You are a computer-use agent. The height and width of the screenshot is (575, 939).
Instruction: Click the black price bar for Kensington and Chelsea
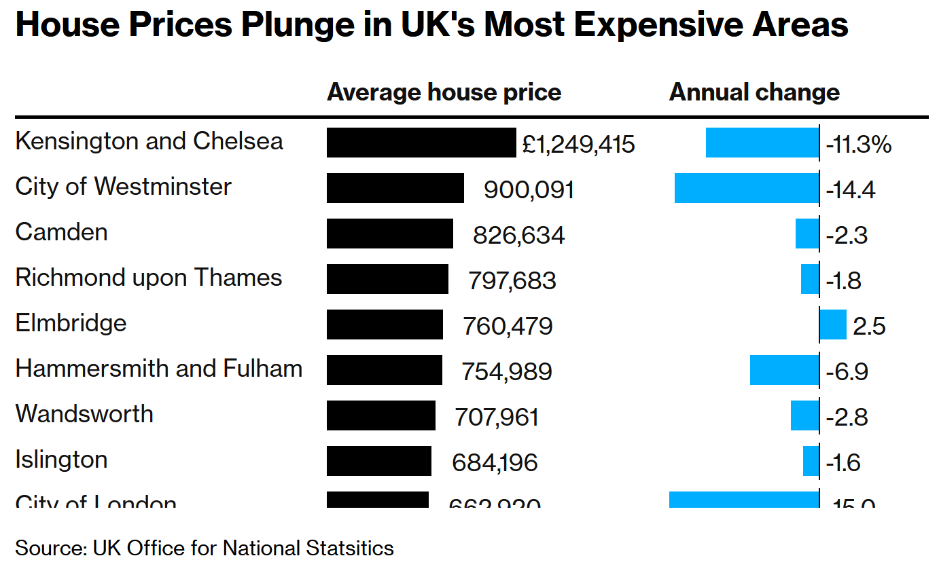(421, 143)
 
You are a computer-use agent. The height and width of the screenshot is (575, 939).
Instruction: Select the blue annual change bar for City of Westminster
(747, 188)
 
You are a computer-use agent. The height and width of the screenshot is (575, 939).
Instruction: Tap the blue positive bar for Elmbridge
(833, 324)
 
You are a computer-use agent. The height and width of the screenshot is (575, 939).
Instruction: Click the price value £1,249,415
(579, 144)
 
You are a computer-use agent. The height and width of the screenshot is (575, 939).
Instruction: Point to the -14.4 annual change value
(851, 189)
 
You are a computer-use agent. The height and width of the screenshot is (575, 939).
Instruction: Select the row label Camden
(61, 232)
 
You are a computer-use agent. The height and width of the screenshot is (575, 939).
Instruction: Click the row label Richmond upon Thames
(149, 278)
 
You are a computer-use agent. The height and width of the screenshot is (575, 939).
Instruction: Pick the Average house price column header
(444, 92)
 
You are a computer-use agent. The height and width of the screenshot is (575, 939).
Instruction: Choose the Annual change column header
(754, 92)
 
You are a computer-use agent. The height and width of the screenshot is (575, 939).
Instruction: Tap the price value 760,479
(508, 326)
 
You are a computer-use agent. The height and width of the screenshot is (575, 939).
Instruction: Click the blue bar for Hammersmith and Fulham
(785, 370)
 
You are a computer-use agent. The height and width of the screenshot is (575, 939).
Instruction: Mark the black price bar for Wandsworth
(381, 415)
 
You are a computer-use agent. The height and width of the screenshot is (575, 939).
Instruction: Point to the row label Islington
(61, 460)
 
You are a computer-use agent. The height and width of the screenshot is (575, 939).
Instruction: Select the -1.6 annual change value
(843, 462)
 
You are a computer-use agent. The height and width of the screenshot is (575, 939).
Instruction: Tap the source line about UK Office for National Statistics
(205, 548)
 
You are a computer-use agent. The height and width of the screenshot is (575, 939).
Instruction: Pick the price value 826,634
(519, 235)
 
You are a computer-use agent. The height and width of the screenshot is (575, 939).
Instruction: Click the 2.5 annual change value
(870, 327)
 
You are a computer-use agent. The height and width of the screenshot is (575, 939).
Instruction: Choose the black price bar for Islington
(379, 461)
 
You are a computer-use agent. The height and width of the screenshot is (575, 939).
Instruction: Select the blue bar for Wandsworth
(805, 415)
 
